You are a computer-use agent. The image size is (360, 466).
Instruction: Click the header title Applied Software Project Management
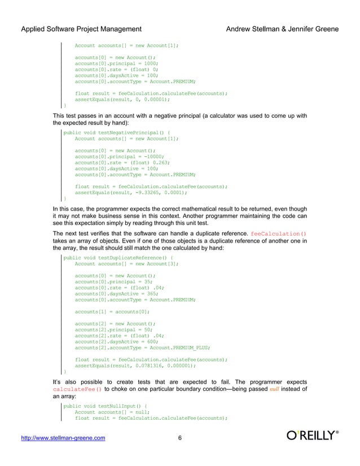[x=81, y=29]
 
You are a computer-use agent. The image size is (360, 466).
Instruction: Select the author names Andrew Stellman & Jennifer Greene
[x=282, y=29]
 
